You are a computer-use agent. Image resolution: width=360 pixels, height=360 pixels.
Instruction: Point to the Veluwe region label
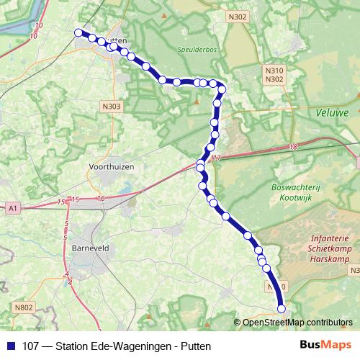332,112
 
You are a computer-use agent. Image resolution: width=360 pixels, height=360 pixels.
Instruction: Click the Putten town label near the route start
117,42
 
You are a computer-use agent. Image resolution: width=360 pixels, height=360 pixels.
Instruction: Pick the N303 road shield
112,106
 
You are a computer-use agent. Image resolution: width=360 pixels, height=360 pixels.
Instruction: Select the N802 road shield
24,307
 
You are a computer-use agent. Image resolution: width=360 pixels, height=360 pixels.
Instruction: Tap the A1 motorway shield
12,207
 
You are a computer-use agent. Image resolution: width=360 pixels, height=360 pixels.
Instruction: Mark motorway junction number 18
292,147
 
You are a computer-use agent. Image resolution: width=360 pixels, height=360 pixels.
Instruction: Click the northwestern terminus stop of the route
79,32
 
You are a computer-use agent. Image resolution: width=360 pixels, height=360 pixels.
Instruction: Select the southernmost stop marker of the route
282,309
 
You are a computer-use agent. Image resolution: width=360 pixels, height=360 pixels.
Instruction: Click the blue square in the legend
10,345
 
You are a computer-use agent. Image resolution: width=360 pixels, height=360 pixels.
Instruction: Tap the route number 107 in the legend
32,345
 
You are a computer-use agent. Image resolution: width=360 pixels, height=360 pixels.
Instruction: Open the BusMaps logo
325,345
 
